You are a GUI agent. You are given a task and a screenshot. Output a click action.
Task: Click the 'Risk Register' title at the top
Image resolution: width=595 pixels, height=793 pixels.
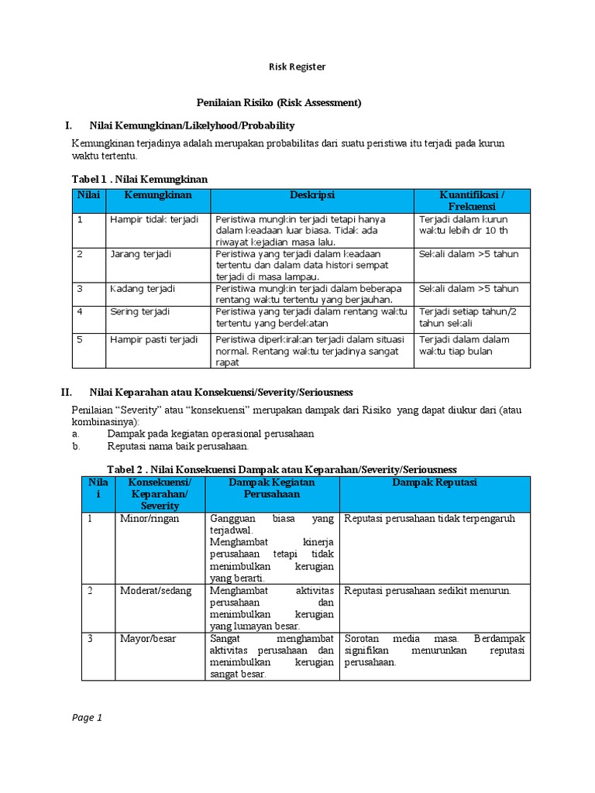(x=297, y=67)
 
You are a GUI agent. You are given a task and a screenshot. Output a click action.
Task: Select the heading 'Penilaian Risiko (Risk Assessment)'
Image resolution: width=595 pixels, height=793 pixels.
(x=277, y=102)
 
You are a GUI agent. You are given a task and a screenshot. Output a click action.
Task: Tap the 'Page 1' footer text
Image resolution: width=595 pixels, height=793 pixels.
(x=88, y=718)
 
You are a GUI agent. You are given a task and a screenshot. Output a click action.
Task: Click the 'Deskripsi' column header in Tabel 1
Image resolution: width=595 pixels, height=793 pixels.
(x=312, y=194)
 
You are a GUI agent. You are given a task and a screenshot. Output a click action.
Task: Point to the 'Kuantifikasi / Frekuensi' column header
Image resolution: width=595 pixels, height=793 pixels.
(x=472, y=201)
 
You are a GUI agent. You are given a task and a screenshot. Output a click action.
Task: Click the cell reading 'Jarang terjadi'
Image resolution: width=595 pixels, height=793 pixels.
(x=140, y=254)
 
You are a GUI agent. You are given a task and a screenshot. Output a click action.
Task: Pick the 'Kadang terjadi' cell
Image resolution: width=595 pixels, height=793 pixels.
(x=143, y=289)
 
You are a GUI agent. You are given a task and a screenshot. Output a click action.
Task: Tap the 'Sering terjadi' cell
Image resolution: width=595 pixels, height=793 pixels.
(x=140, y=311)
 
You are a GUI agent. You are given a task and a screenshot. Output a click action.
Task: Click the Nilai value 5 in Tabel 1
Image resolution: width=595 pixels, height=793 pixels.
(x=80, y=339)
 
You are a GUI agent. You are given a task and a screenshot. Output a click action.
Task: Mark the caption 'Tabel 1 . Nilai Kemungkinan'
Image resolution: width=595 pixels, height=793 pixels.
(x=139, y=179)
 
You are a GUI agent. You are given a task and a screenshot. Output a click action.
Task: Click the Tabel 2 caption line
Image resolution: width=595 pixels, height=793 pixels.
(x=281, y=469)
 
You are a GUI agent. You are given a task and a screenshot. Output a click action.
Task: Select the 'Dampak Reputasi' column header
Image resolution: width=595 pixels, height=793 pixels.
(x=434, y=482)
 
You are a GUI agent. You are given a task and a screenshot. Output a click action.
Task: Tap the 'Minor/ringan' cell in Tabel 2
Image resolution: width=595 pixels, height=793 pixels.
(x=149, y=519)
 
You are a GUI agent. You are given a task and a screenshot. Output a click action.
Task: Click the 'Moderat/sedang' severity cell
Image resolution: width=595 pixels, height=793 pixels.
(x=154, y=591)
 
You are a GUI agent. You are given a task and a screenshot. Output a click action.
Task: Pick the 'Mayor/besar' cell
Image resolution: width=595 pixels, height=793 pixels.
(x=146, y=639)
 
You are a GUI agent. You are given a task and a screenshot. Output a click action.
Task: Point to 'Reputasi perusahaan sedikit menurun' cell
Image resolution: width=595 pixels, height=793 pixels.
(x=428, y=591)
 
